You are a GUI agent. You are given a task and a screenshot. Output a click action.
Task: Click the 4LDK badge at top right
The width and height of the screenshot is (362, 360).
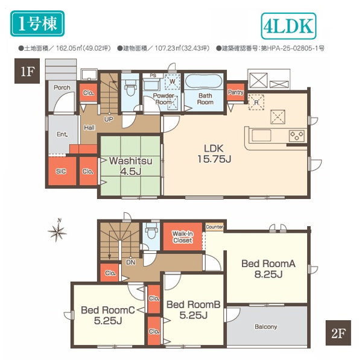(287, 26)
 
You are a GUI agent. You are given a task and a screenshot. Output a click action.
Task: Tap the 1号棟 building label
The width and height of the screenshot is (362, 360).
(36, 25)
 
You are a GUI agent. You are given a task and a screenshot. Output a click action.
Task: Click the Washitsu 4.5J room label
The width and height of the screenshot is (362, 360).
(130, 166)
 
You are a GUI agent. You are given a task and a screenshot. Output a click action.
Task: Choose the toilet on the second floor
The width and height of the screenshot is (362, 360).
(150, 231)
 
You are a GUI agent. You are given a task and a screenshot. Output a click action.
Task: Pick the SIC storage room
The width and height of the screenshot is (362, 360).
(62, 171)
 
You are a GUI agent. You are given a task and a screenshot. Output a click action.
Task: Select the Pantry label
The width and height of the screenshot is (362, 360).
(236, 92)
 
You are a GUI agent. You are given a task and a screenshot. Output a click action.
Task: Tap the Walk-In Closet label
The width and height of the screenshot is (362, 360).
(182, 236)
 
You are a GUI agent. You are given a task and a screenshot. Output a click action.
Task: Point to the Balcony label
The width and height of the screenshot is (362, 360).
(265, 327)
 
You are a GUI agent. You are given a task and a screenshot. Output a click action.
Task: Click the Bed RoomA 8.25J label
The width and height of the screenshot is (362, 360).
(267, 268)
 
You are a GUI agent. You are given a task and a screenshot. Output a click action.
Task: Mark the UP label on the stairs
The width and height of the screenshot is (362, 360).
(109, 118)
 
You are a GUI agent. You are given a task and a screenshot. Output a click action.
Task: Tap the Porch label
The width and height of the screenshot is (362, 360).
(62, 88)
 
